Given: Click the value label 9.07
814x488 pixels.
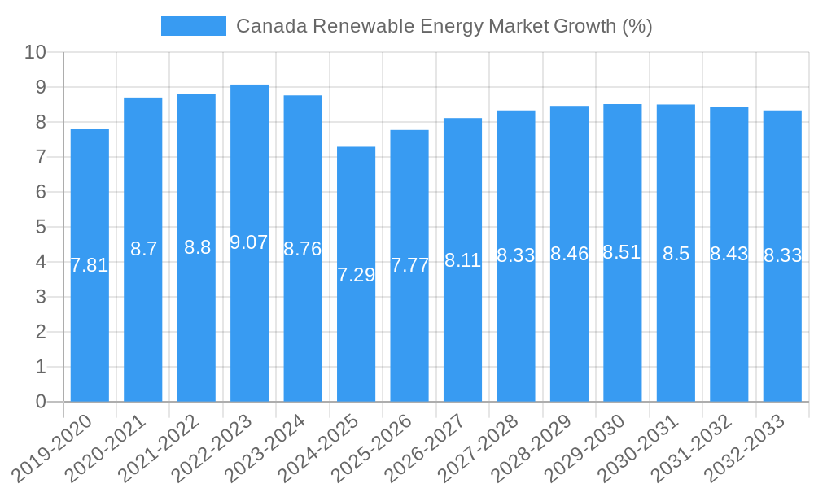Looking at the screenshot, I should [249, 242].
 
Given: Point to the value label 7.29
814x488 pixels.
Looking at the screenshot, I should [356, 275].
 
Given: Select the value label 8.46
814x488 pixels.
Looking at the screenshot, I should [569, 254].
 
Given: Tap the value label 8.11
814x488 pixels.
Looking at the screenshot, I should [462, 260].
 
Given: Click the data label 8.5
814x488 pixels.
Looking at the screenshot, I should [676, 254].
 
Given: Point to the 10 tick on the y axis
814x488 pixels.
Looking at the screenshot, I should [36, 53].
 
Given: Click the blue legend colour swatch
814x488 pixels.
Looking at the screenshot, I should [194, 26].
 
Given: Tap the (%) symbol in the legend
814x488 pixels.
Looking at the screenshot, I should [637, 26].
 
